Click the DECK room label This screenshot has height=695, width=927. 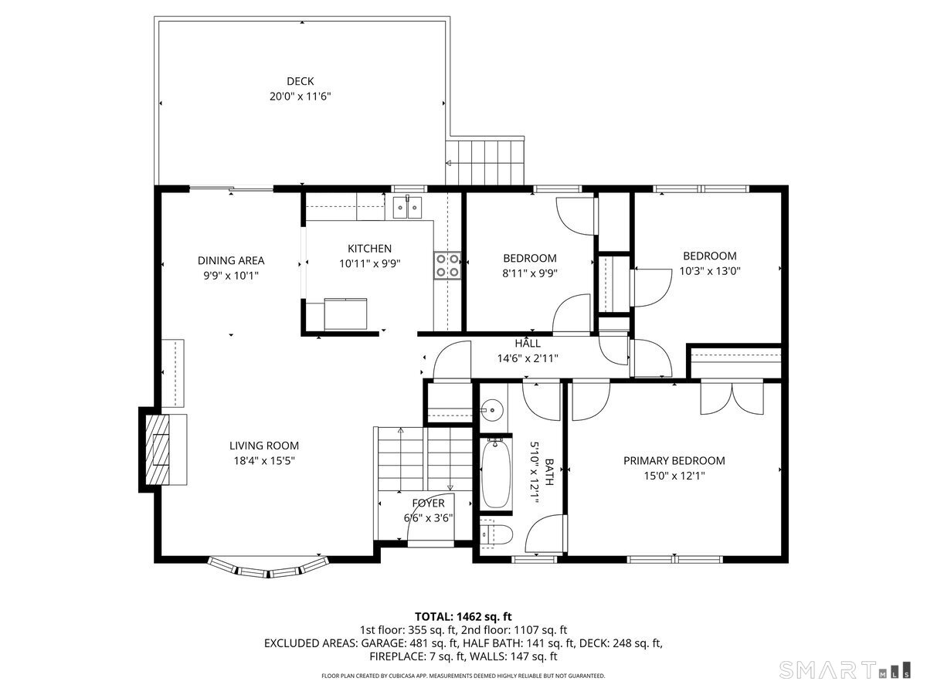[x=300, y=81]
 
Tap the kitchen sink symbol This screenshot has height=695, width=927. [x=406, y=207]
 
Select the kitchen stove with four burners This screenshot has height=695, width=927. [x=448, y=265]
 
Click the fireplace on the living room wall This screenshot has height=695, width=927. [x=158, y=449]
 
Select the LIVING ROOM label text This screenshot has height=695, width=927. [x=263, y=446]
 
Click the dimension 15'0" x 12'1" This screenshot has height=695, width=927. [x=674, y=476]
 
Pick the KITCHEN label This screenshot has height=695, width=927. [x=369, y=249]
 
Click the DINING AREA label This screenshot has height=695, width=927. [x=231, y=260]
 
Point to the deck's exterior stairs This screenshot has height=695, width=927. [x=487, y=162]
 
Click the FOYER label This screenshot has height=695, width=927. [x=427, y=503]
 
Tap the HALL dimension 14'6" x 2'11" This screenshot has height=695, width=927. [x=528, y=358]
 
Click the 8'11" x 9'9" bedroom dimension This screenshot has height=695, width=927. [x=529, y=273]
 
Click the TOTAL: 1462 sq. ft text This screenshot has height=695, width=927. [x=463, y=616]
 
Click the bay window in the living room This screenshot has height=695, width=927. [x=267, y=570]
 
